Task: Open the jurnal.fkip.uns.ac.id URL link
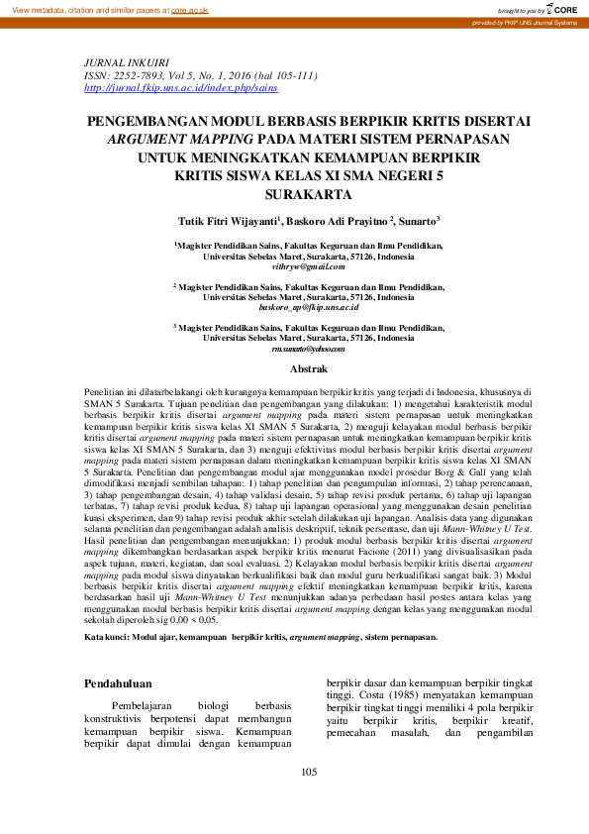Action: click(x=167, y=87)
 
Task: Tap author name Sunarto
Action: click(x=421, y=220)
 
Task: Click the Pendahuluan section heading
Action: click(x=118, y=683)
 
